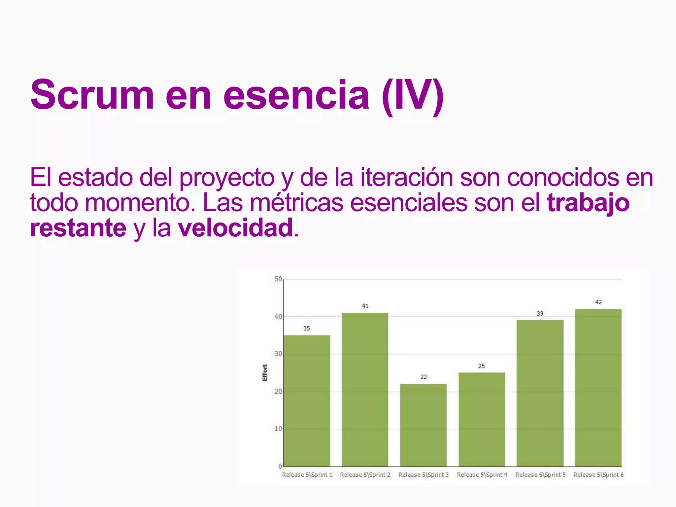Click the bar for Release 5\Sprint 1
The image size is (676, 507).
click(307, 401)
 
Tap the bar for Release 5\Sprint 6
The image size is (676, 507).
click(598, 388)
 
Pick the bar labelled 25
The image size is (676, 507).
click(482, 419)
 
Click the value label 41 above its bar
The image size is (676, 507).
click(365, 306)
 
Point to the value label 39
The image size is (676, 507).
click(540, 314)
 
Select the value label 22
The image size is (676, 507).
click(423, 377)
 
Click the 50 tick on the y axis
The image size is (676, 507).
click(278, 279)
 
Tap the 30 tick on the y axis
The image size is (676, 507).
click(278, 354)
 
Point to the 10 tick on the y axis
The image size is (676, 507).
click(278, 429)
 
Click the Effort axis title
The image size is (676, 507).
click(265, 373)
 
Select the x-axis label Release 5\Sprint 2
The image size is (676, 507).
click(365, 475)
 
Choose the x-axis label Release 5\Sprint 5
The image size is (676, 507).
click(540, 475)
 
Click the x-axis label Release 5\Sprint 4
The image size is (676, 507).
click(482, 475)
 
